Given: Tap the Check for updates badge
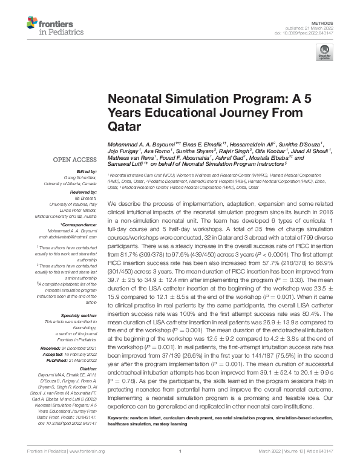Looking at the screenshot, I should (327, 51).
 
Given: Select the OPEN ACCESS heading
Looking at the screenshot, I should (74, 160).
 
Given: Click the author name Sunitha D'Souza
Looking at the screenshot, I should (300, 145).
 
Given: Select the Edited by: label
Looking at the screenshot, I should (86, 171).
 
